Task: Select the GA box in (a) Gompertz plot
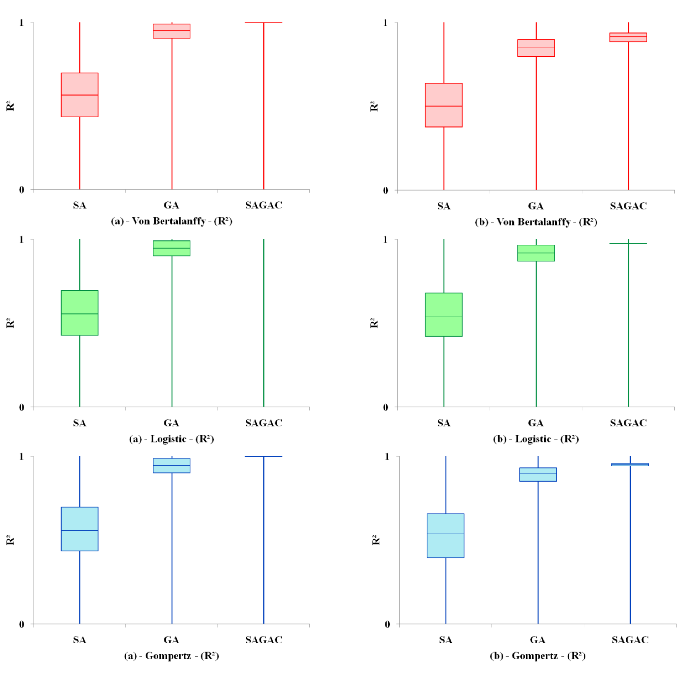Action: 172,465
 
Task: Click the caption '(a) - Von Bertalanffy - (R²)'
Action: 172,221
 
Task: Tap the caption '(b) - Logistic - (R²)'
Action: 536,439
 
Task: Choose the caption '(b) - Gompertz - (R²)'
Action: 537,656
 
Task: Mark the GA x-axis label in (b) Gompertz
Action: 537,639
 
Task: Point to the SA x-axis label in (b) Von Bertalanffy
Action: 444,206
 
